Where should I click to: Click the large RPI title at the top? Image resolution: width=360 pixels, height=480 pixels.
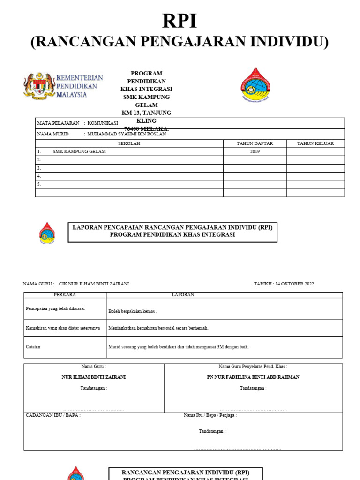[180, 21]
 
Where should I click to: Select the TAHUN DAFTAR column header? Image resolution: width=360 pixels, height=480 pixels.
[255, 143]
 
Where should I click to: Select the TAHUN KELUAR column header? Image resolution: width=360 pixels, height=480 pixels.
[315, 143]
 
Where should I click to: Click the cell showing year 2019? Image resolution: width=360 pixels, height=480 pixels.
[255, 152]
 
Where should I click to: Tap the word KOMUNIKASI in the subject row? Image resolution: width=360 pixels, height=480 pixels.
[103, 123]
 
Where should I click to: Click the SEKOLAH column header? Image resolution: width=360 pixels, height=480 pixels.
[129, 143]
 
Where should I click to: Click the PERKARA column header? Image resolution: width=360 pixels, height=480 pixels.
[65, 295]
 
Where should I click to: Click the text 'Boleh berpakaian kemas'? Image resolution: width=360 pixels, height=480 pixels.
[132, 311]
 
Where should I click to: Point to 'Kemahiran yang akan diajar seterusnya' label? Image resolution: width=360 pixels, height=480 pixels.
[63, 328]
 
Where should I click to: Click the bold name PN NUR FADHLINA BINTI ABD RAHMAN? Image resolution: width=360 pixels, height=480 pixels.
[253, 377]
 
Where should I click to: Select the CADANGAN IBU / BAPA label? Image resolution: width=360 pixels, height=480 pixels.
[52, 415]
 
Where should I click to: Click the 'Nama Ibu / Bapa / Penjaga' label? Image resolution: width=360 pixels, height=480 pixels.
[210, 415]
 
